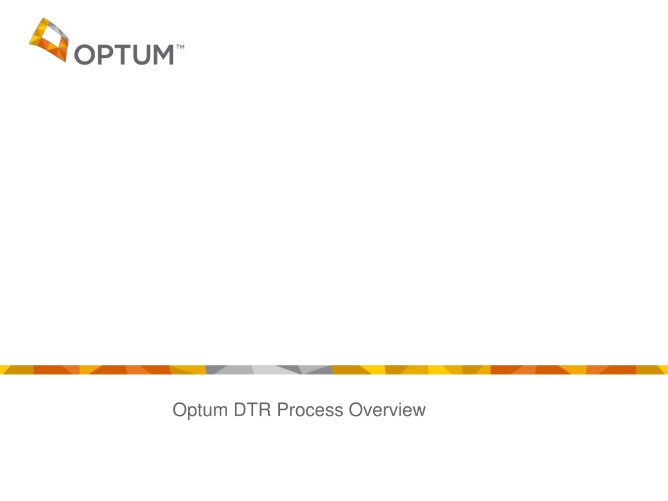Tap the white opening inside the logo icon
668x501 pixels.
[x=50, y=37]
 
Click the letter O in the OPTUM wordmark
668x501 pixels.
[x=85, y=55]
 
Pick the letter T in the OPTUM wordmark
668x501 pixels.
[x=123, y=55]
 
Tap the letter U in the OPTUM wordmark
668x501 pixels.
[x=141, y=55]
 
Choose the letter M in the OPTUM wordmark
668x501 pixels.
[x=162, y=55]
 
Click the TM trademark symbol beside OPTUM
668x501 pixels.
[x=180, y=46]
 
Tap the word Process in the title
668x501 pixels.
[x=310, y=410]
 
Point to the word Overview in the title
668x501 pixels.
[x=387, y=410]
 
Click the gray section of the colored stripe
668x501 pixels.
[x=269, y=370]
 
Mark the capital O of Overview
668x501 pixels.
[x=357, y=410]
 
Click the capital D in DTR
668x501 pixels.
[x=240, y=410]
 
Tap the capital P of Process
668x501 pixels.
[x=283, y=410]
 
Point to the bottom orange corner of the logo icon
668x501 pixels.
[x=66, y=61]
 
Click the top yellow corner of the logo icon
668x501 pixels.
[x=43, y=19]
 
